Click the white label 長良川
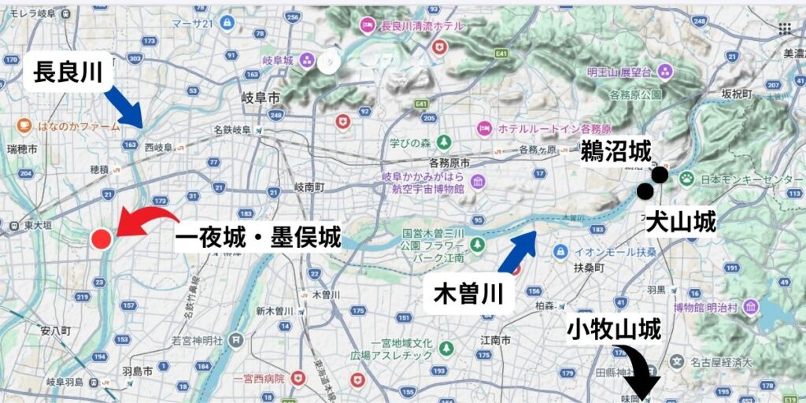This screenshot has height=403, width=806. click(68, 72)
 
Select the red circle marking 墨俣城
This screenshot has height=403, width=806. click(101, 238)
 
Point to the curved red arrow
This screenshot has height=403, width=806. click(146, 220)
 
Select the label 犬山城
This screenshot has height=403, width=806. click(681, 223)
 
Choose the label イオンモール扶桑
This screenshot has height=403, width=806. click(605, 252)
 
